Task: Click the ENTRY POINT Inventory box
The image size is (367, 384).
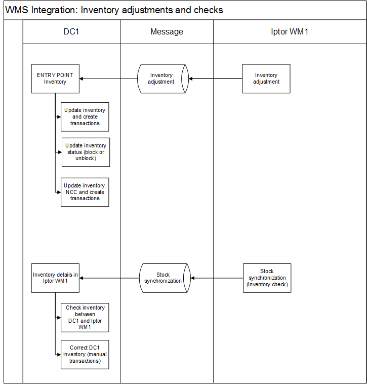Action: (55, 79)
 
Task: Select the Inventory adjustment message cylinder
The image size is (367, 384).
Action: (163, 79)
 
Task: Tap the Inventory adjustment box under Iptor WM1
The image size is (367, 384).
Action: (266, 79)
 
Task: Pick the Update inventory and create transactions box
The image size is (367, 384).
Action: (85, 117)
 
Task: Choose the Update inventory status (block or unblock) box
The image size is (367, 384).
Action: (86, 152)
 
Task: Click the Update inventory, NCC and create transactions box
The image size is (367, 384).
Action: (85, 192)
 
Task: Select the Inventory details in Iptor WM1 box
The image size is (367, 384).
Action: (55, 278)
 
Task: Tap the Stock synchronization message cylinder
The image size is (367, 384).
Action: (165, 278)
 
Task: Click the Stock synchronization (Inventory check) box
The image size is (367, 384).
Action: (267, 278)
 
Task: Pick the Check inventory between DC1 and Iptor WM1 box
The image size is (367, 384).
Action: (85, 318)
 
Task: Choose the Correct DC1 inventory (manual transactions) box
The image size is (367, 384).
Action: (85, 355)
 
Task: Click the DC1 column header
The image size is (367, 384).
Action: (71, 31)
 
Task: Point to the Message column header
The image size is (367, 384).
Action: (167, 32)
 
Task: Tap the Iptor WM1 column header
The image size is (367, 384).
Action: (290, 32)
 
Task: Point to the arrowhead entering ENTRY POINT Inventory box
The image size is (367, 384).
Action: (81, 79)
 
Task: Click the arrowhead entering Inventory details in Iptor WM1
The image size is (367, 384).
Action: (81, 278)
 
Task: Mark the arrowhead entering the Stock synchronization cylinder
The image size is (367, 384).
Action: (192, 278)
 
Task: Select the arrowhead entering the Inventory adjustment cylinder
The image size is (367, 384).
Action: (191, 79)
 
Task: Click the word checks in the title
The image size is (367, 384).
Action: (209, 10)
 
